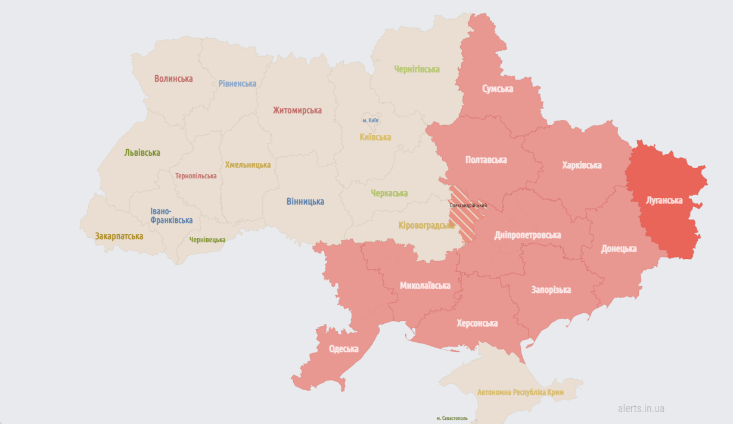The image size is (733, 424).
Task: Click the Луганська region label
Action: point(664,200)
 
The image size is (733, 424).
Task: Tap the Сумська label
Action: point(498,89)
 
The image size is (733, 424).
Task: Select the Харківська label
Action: point(582,165)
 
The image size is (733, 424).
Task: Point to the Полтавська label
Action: point(486,160)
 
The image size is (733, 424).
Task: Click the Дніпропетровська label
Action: point(527,235)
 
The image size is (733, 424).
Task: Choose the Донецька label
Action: point(619,249)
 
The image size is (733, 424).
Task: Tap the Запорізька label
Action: point(551,290)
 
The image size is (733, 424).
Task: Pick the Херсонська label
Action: point(477,323)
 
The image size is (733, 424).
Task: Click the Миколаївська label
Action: point(425,286)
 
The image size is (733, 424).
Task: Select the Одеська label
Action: point(343,349)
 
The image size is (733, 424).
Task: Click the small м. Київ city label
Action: point(370,120)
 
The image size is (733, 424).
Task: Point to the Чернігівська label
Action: point(417,69)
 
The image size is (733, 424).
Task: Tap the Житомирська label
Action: point(297,110)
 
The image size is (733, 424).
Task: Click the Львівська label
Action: point(142,153)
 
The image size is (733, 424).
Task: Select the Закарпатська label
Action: point(119,236)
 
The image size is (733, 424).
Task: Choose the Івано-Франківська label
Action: point(171,216)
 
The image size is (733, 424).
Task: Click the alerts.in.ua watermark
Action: point(641,408)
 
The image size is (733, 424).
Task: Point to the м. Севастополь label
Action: point(452,419)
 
